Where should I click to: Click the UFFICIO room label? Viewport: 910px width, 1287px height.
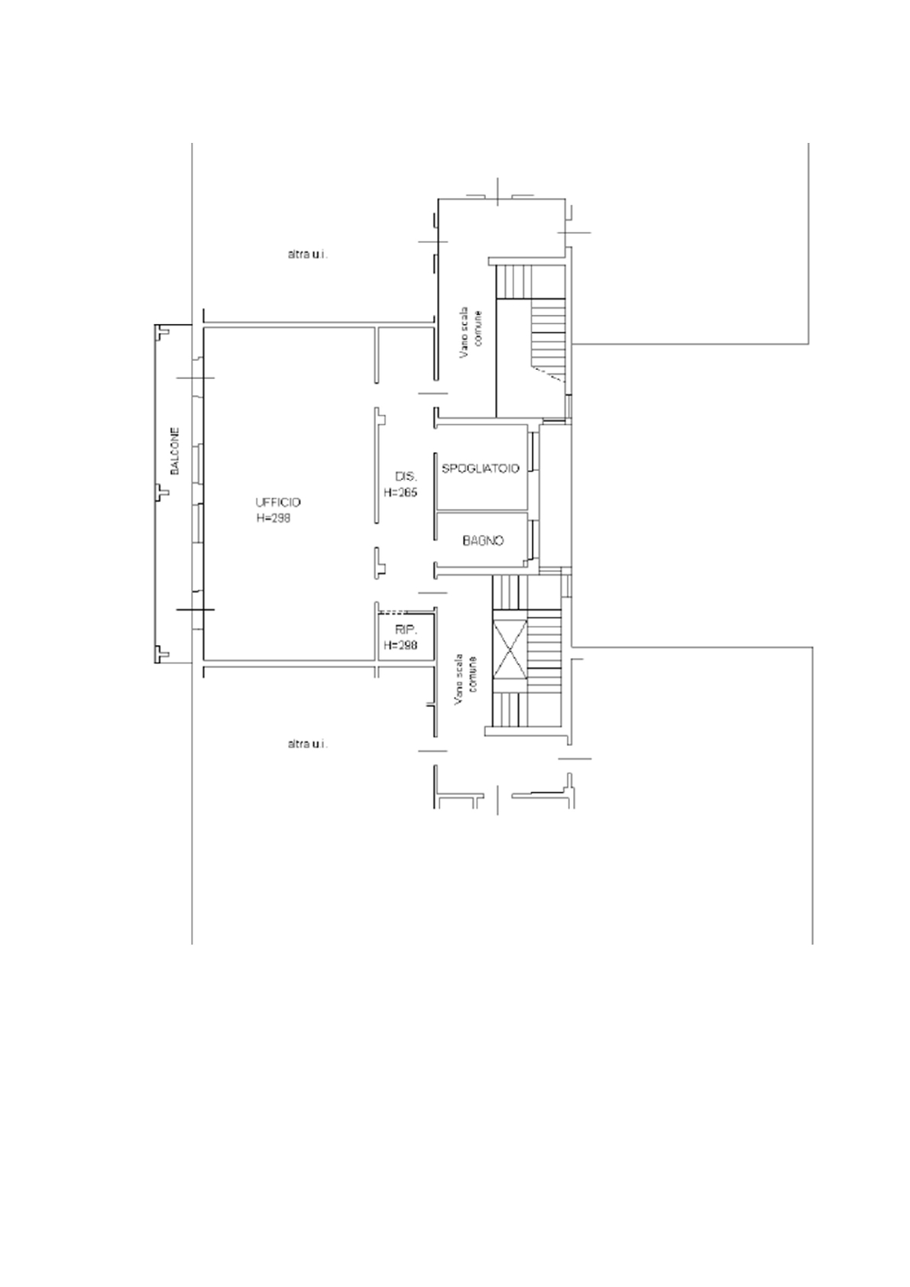click(x=277, y=502)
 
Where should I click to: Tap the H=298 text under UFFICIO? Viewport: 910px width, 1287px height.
click(x=274, y=517)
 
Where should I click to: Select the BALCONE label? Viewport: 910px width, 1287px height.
click(x=175, y=450)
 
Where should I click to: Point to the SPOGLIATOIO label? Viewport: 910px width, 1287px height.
click(x=481, y=468)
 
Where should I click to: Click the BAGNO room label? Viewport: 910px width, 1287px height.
click(x=483, y=540)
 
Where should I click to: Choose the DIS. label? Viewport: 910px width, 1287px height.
click(x=406, y=476)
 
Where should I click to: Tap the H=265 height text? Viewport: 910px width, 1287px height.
click(x=400, y=492)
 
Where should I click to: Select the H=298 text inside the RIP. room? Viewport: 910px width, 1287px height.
click(x=400, y=645)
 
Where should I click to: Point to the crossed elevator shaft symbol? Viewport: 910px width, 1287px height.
click(x=510, y=650)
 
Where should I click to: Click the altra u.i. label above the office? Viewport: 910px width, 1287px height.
click(x=308, y=254)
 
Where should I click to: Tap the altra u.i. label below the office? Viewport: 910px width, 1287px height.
click(x=308, y=744)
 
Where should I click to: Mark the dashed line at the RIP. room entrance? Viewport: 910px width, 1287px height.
click(x=394, y=611)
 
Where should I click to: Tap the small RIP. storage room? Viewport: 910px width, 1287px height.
click(x=406, y=637)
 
